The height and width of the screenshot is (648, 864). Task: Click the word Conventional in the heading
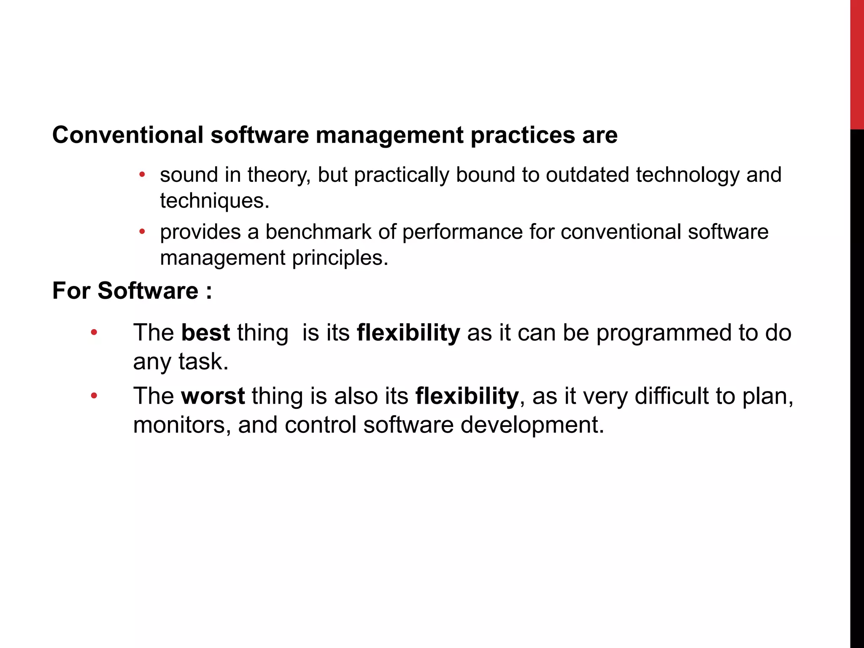[128, 135]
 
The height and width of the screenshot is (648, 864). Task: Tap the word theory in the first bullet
[279, 175]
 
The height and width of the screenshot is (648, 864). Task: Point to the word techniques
[214, 201]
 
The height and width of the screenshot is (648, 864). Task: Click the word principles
[340, 258]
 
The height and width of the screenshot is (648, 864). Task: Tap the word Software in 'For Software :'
[148, 291]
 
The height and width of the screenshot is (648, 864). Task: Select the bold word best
[205, 332]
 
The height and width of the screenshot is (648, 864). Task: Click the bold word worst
[213, 396]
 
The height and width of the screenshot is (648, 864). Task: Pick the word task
[203, 362]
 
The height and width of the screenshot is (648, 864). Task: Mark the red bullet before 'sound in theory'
[142, 174]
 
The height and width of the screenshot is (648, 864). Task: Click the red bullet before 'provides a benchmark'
[142, 232]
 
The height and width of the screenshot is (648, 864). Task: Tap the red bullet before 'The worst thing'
[94, 396]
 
